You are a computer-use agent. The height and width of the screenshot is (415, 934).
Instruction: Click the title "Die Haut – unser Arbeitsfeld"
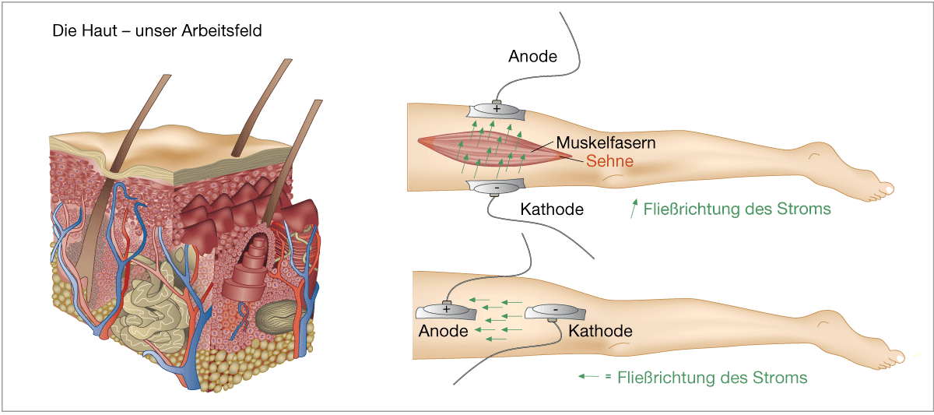click(156, 32)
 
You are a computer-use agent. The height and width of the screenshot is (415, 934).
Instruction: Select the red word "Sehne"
click(609, 161)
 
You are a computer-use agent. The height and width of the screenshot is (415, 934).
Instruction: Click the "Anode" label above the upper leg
click(533, 56)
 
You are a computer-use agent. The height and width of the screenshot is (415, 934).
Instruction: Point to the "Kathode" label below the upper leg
click(551, 209)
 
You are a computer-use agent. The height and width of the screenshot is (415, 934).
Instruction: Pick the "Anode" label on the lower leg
click(444, 331)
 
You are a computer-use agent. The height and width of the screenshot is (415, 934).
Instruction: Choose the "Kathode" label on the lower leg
click(600, 331)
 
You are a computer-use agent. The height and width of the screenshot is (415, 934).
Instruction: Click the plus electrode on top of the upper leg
click(497, 109)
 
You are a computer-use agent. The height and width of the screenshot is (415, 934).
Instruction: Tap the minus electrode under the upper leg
click(496, 187)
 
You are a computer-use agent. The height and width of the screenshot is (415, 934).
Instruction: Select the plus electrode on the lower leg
click(447, 310)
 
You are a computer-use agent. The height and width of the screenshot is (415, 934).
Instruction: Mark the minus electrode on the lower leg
click(554, 311)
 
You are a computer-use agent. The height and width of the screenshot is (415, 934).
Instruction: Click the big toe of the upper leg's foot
click(887, 188)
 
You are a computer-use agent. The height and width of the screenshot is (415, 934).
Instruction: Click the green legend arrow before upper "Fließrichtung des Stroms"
click(636, 208)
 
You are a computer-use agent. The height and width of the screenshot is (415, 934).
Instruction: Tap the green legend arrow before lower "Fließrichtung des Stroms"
click(588, 377)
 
